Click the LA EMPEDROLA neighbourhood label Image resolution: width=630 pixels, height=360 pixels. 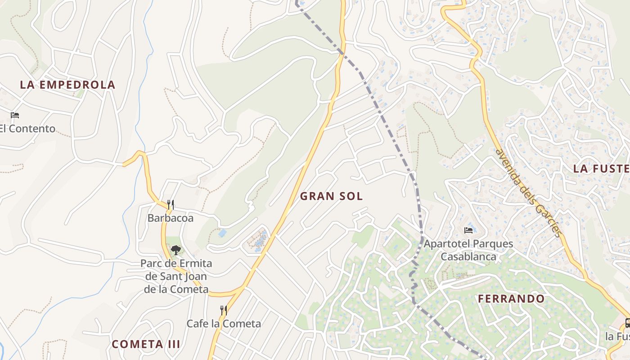(x=67, y=85)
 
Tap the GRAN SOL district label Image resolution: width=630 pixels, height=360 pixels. (x=331, y=196)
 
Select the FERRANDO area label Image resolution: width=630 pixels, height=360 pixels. (x=511, y=299)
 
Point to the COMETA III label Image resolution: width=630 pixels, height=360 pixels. (x=146, y=344)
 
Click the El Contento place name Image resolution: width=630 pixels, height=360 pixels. (x=27, y=129)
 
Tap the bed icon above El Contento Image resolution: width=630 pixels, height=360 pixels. (x=15, y=115)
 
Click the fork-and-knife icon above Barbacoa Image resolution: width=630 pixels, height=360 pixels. (x=171, y=205)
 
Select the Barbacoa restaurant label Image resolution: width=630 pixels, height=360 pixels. (x=171, y=218)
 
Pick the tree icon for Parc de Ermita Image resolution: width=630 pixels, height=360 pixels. (x=175, y=250)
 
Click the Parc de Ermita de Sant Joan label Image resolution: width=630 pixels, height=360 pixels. (x=176, y=276)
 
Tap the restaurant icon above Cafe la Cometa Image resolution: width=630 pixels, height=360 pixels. (x=223, y=310)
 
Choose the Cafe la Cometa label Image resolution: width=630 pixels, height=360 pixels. (x=224, y=324)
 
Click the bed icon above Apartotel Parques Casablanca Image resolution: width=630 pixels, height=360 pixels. (x=468, y=230)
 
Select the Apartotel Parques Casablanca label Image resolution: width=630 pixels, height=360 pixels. (x=468, y=250)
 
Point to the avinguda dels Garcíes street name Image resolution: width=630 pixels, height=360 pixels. (x=529, y=192)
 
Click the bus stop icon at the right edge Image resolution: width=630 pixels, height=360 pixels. (x=627, y=323)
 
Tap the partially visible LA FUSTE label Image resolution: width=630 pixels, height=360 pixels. (x=601, y=169)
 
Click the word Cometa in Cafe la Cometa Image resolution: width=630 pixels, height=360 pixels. (x=242, y=324)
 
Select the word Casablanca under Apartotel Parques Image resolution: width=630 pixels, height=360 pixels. (x=468, y=257)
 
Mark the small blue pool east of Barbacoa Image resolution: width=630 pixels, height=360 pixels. (x=222, y=233)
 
